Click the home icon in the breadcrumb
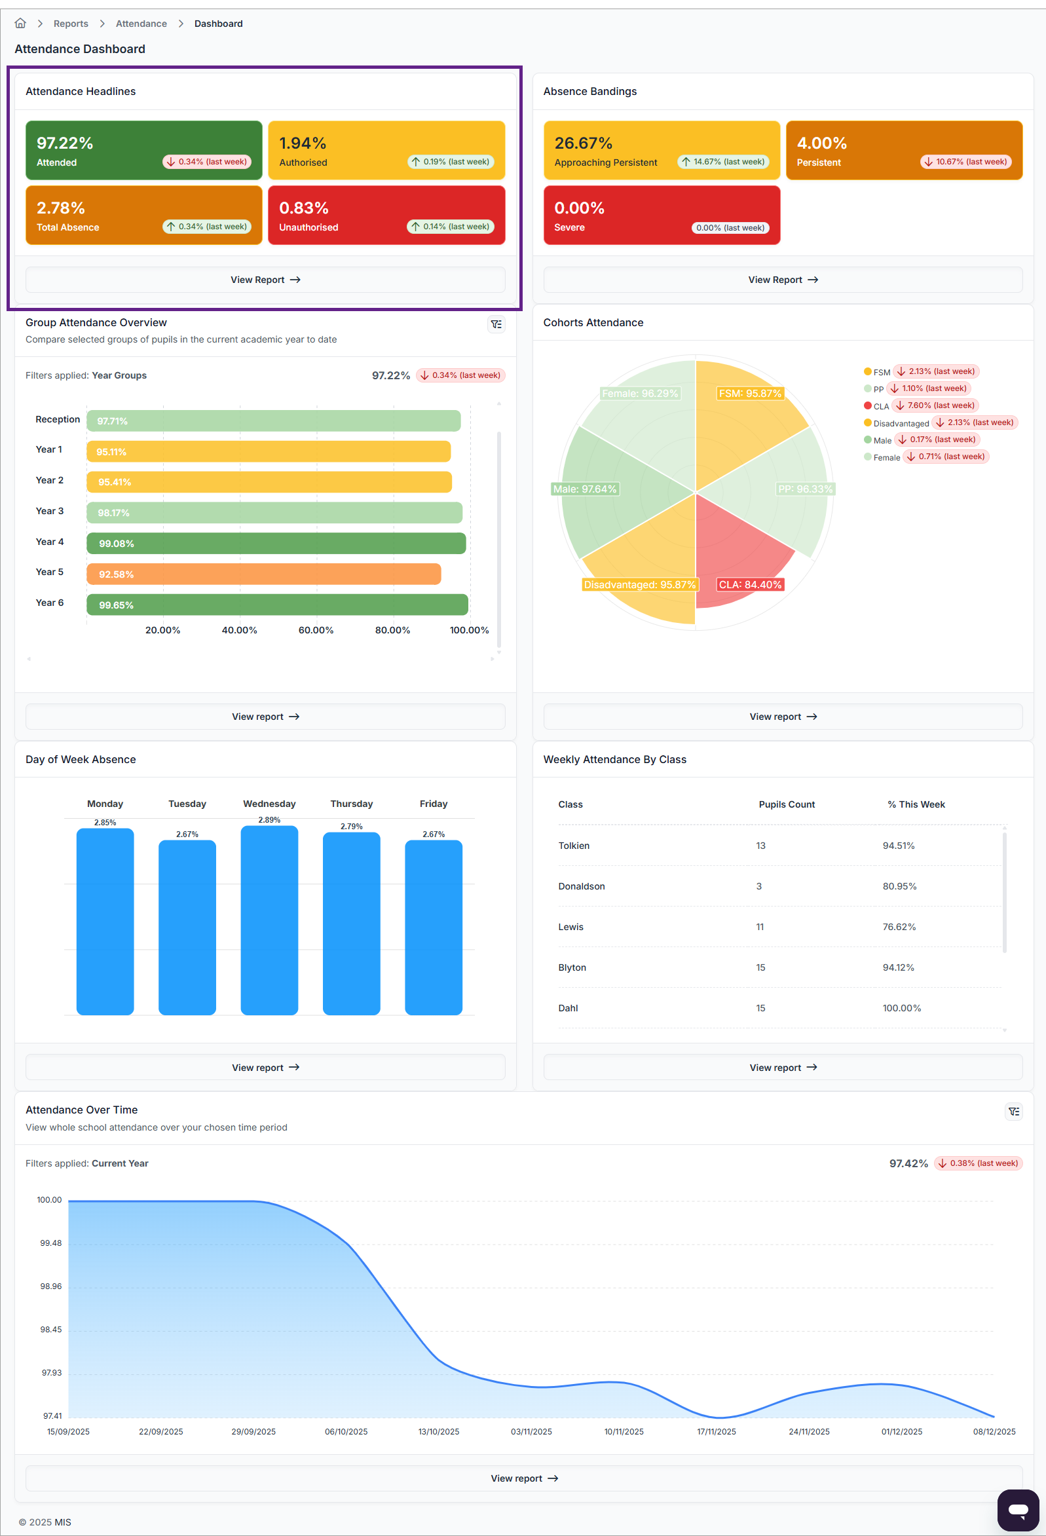tap(20, 24)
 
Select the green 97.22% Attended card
tap(143, 150)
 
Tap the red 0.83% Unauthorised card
tap(386, 215)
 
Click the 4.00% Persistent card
tap(903, 150)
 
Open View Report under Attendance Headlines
tap(265, 280)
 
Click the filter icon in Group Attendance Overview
tap(496, 324)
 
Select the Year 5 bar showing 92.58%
tap(263, 574)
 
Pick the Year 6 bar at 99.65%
tap(277, 604)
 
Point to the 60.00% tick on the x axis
tap(316, 630)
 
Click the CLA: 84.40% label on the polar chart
tap(749, 584)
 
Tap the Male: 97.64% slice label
tap(584, 489)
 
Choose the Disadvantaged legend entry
tap(900, 423)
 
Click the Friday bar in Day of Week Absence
tap(433, 927)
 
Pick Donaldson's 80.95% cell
tap(899, 886)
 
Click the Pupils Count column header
tap(786, 804)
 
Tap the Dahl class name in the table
tap(568, 1008)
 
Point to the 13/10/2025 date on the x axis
tap(438, 1432)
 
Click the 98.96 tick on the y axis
tap(51, 1286)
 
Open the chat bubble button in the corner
tap(1018, 1510)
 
